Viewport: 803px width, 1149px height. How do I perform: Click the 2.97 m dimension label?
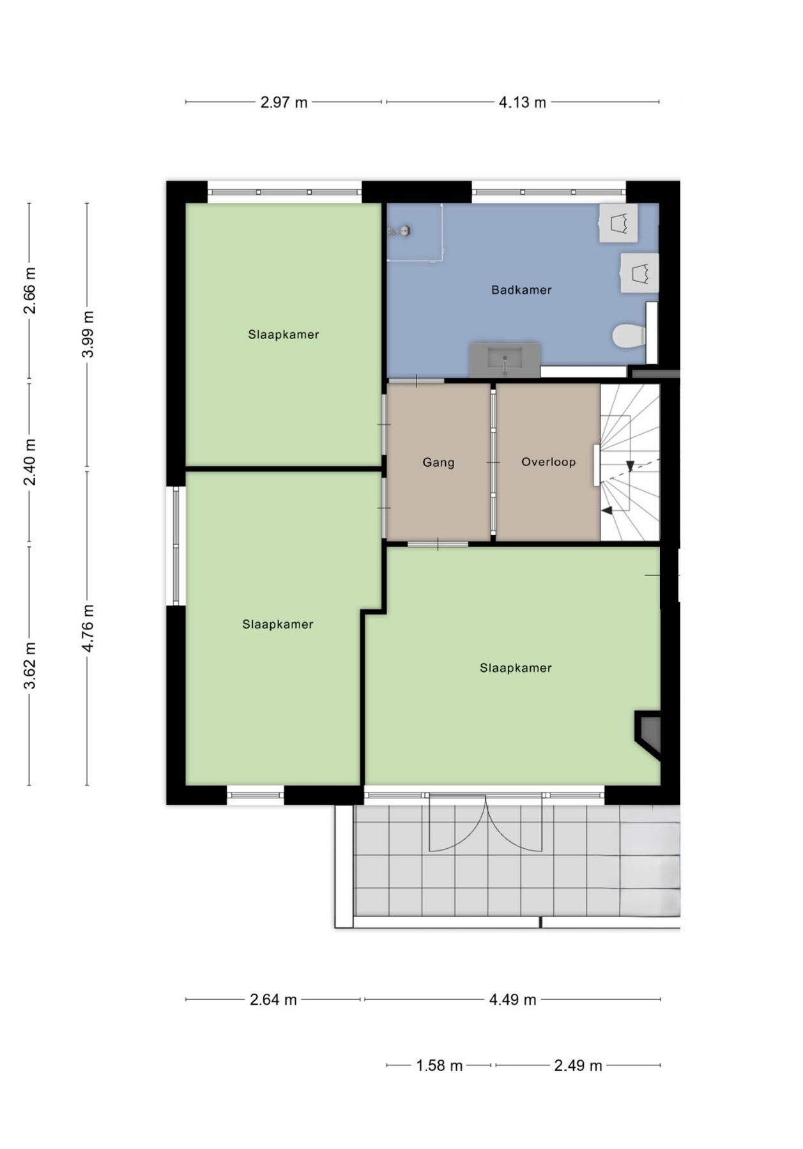(x=284, y=102)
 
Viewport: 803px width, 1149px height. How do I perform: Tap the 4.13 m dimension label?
(x=523, y=102)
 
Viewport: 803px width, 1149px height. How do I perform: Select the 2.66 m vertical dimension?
(x=29, y=291)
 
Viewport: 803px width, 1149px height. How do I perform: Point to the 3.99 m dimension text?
(x=88, y=334)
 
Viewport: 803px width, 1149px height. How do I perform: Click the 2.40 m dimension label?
(x=29, y=462)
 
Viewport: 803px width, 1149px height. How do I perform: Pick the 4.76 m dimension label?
(x=88, y=628)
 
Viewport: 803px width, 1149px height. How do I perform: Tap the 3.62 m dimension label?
(x=29, y=666)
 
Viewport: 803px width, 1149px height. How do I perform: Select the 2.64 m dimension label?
(x=273, y=1000)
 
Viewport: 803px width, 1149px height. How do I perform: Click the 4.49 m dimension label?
(x=513, y=1000)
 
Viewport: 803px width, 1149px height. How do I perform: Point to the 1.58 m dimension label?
(x=440, y=1065)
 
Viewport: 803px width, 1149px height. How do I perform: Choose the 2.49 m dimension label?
(x=578, y=1065)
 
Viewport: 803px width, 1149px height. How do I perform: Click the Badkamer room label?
(x=521, y=290)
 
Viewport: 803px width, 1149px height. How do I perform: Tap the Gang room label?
(x=438, y=462)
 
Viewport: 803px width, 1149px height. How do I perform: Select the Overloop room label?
(x=549, y=462)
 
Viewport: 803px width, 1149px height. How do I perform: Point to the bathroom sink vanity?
(x=505, y=360)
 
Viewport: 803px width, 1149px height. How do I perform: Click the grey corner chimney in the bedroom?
(x=648, y=733)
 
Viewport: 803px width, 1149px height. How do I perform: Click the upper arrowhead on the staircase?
(x=630, y=466)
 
